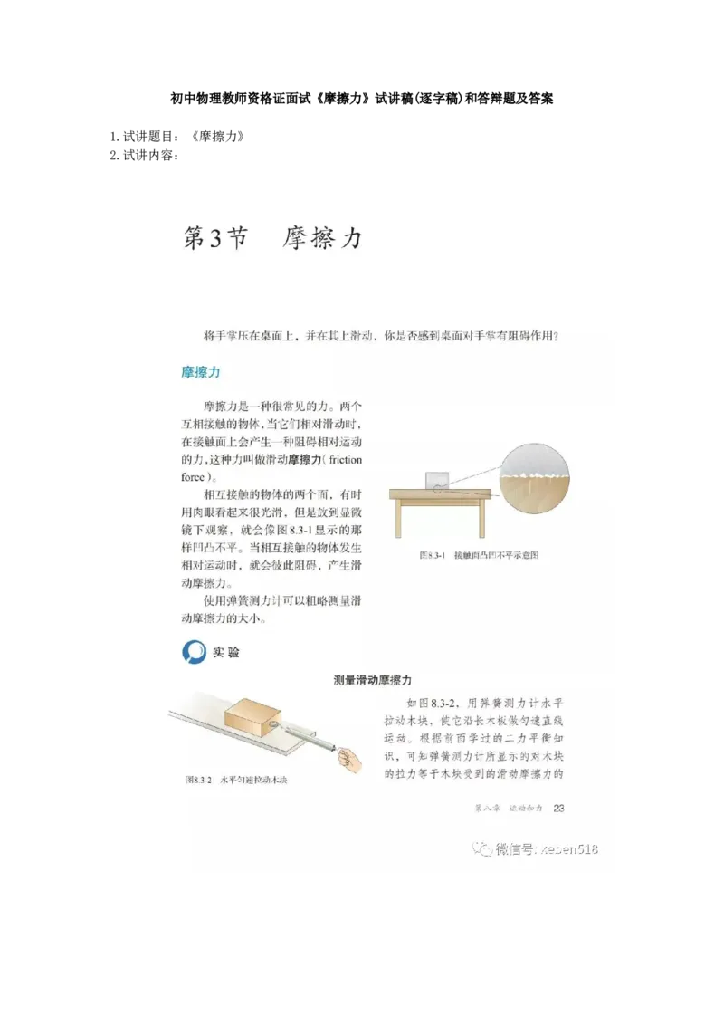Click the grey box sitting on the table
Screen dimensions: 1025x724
(437, 480)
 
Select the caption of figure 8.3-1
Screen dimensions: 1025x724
(479, 556)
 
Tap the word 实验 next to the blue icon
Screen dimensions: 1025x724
(226, 652)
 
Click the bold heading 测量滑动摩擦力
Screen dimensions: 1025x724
(373, 679)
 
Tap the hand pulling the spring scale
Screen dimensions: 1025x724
(350, 757)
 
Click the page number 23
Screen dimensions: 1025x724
(558, 808)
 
